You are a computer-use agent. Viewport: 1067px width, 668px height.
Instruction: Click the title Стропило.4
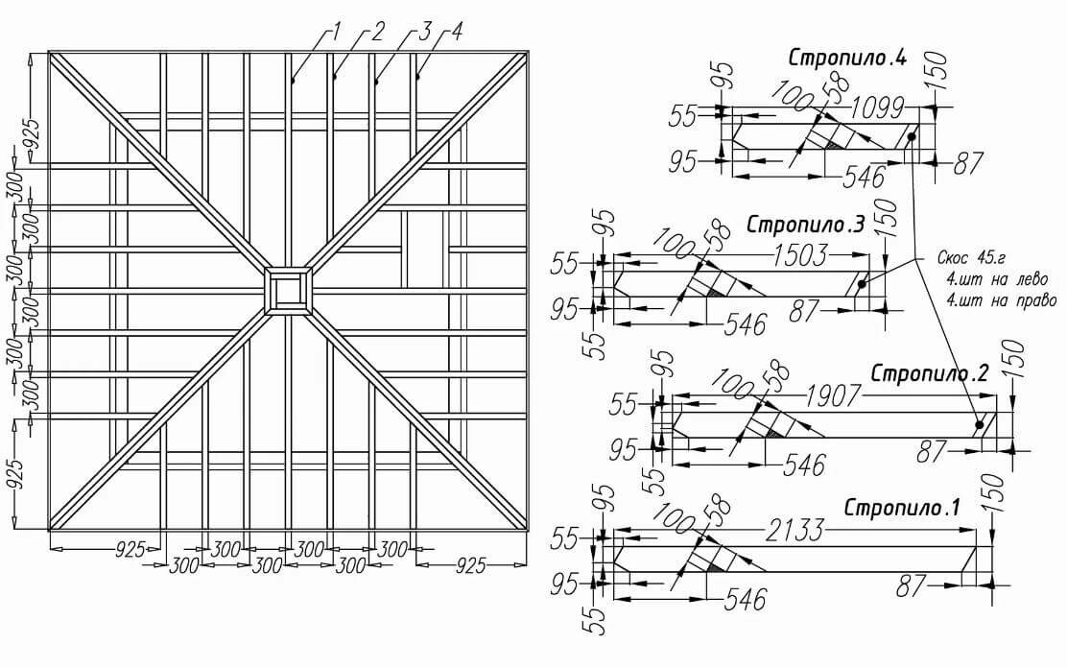(x=847, y=58)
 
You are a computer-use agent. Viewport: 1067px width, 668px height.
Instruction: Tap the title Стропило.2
(x=929, y=373)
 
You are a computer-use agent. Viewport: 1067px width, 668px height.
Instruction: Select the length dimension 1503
(x=800, y=255)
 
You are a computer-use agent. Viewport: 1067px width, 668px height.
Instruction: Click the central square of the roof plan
(x=289, y=290)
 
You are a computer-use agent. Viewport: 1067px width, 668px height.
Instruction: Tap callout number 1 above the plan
(x=335, y=32)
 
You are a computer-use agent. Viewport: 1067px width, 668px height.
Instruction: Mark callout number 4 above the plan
(x=456, y=32)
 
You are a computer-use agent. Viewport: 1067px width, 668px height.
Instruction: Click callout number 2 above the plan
(x=377, y=32)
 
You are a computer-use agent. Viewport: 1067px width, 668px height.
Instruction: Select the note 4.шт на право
(x=1001, y=300)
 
